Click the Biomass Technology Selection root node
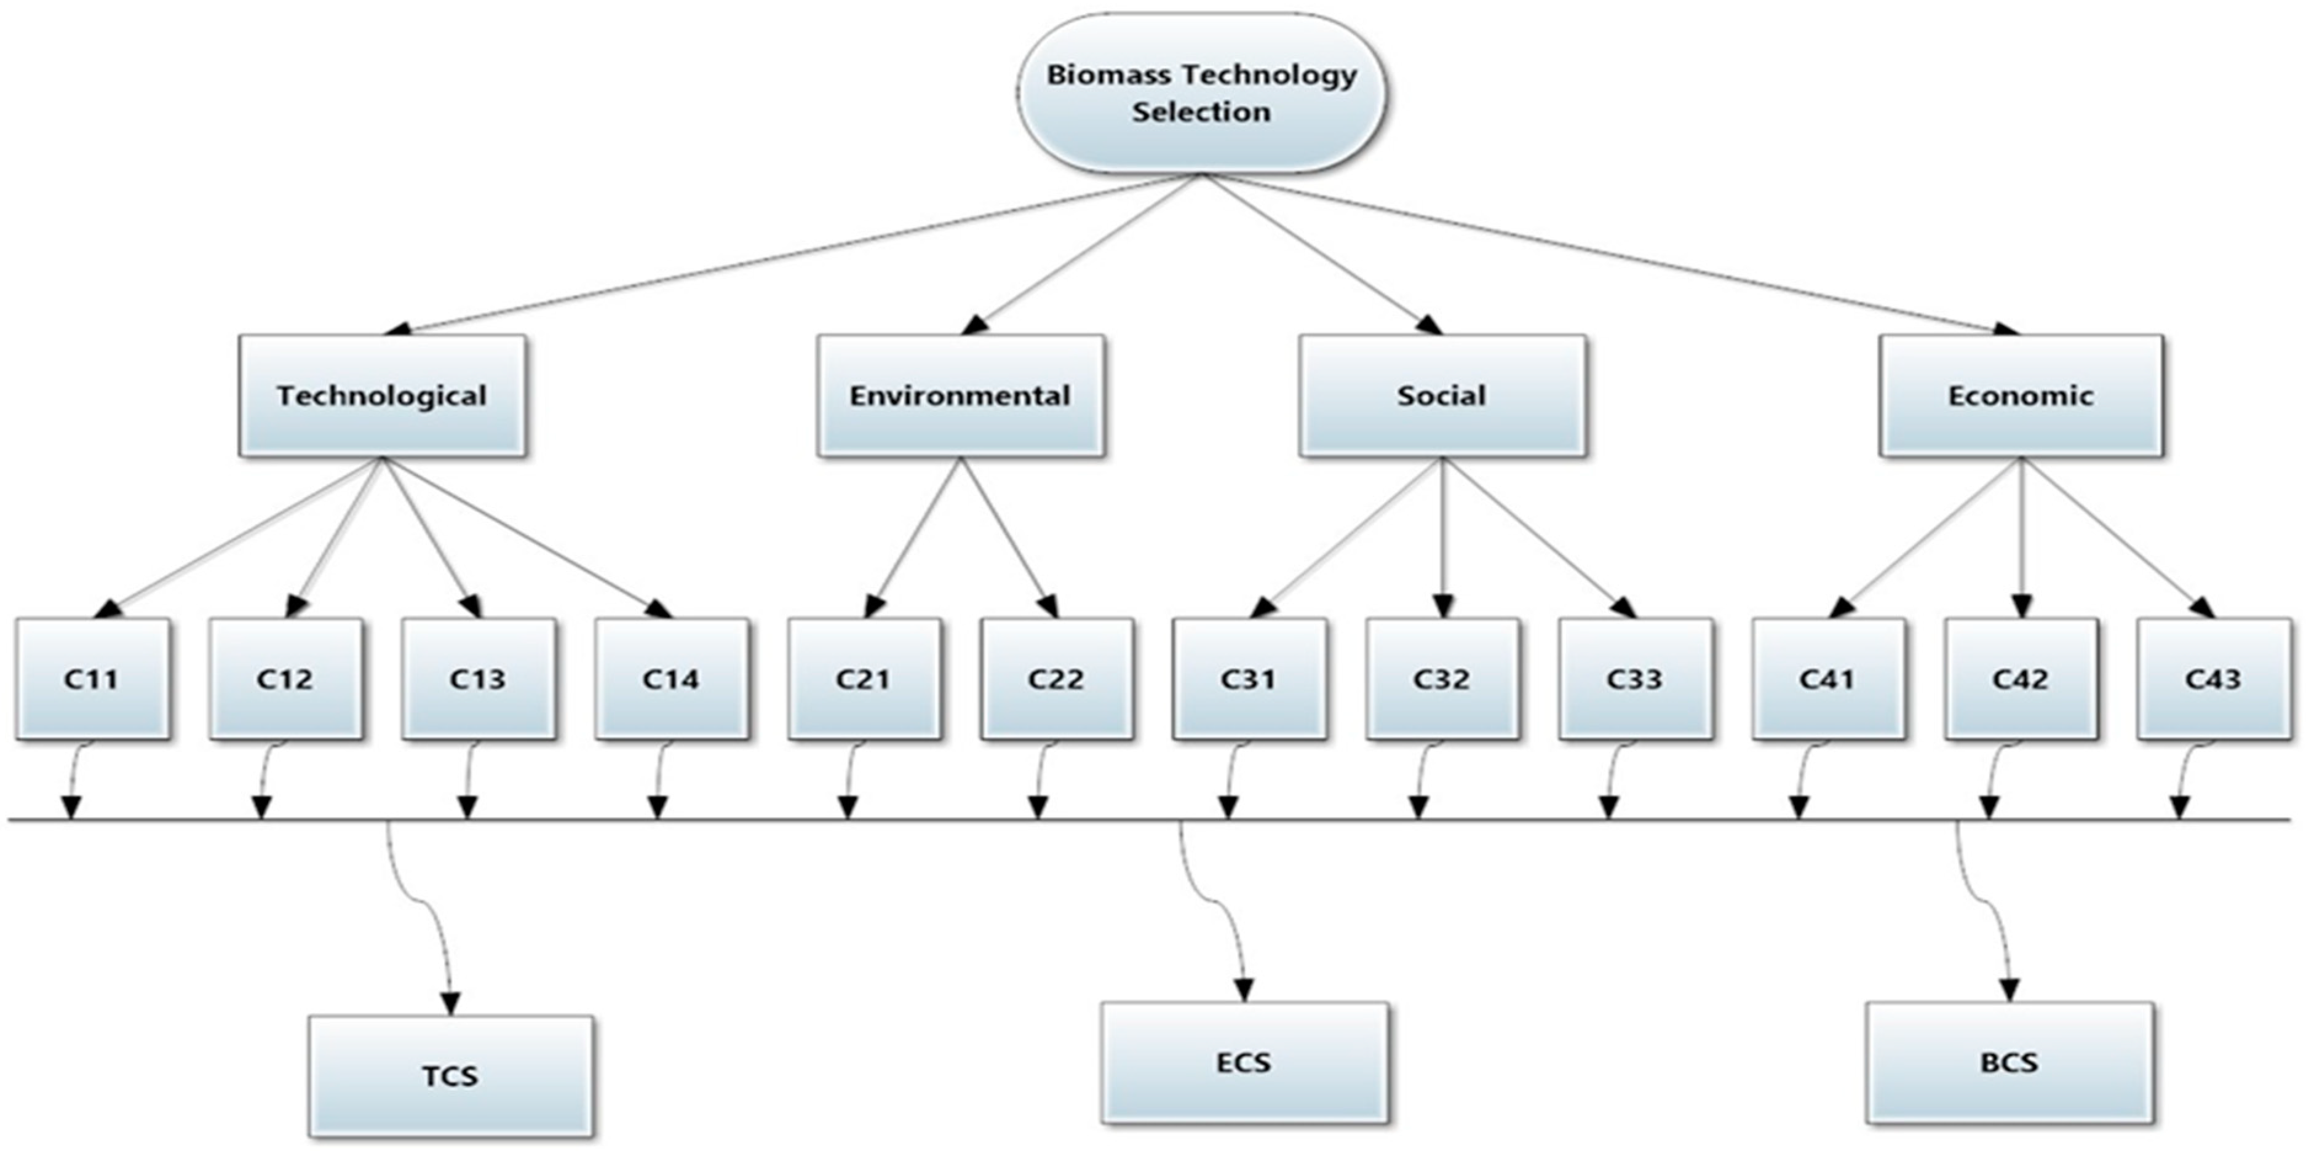point(1201,92)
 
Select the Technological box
point(382,396)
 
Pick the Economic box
point(2021,396)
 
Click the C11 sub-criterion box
point(92,679)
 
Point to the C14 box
point(672,679)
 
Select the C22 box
point(1056,679)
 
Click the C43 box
point(2213,679)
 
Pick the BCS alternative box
point(2010,1062)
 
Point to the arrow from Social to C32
point(1442,537)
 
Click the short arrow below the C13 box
point(468,779)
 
